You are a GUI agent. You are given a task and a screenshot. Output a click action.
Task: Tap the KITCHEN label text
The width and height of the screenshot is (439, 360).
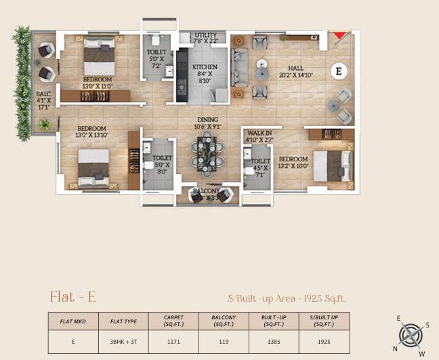tap(205, 67)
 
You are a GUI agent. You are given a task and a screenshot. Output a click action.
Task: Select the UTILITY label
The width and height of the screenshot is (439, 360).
tap(205, 35)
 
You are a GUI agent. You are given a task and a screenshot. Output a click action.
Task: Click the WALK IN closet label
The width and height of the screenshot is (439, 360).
tap(259, 134)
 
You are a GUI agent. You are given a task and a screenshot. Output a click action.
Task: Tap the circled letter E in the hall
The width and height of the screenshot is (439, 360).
tap(339, 71)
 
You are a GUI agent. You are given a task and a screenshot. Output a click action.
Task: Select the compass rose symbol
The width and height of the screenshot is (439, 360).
tap(410, 335)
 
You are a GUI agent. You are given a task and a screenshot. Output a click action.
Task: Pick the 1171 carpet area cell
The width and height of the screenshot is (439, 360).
tap(174, 342)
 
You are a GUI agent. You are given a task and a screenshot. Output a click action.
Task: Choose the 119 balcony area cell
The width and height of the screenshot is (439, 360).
tap(224, 342)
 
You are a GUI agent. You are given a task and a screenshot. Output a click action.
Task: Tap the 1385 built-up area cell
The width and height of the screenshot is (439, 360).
tap(274, 342)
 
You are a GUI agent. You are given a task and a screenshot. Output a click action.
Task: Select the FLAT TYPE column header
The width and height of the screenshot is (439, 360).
tap(121, 321)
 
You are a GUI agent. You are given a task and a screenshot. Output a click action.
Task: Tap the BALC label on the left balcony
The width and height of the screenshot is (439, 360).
tap(43, 95)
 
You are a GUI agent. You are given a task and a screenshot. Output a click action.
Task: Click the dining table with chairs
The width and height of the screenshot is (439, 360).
tap(206, 154)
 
